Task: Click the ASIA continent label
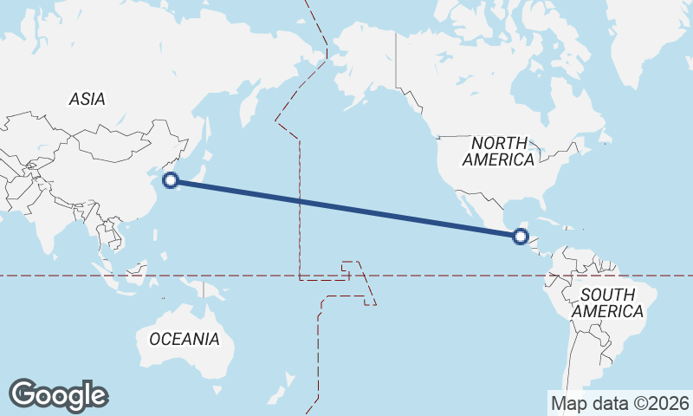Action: tap(87, 100)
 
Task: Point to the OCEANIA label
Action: tap(185, 339)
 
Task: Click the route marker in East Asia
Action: tap(171, 180)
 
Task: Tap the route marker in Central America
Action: tap(521, 236)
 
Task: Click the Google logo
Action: tap(58, 395)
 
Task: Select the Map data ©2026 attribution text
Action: tap(620, 403)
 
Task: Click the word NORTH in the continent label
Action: tap(498, 143)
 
